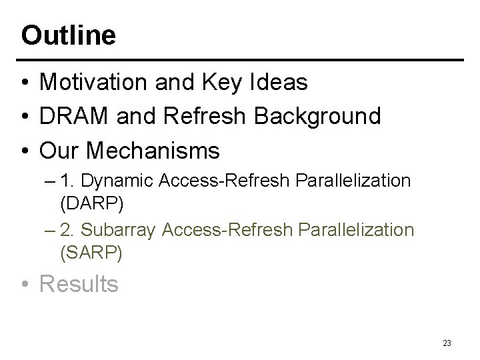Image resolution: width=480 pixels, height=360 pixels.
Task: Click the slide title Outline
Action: (68, 35)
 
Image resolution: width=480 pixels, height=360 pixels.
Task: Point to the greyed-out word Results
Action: (79, 284)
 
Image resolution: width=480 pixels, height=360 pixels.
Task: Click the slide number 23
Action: (447, 343)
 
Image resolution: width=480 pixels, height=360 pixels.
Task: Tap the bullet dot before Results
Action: (25, 285)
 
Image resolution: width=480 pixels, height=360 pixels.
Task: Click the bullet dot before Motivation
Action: (25, 83)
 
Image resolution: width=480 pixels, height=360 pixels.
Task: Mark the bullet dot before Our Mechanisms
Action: (25, 151)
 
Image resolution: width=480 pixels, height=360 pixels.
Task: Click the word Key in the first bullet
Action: (212, 82)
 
